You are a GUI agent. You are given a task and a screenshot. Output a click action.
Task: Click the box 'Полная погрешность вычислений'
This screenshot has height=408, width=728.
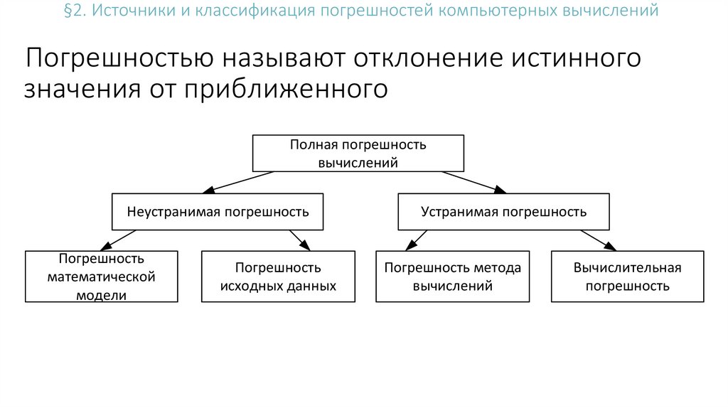(x=358, y=154)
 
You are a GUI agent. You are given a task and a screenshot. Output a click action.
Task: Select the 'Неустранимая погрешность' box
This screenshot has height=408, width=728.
(x=218, y=212)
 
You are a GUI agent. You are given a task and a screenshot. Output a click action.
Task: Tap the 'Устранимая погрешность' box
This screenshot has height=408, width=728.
(x=503, y=212)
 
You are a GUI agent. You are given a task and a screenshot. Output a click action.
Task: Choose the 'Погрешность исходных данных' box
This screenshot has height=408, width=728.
(x=278, y=277)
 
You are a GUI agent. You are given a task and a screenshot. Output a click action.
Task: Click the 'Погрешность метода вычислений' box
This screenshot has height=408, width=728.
(x=452, y=277)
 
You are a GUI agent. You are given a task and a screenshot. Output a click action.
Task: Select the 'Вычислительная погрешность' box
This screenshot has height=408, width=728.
(x=627, y=277)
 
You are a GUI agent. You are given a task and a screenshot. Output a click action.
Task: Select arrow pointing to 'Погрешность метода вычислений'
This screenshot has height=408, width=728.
(x=416, y=240)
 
